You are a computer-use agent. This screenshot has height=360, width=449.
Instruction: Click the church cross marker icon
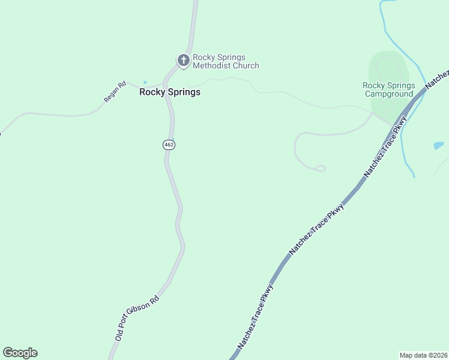pyautogui.click(x=183, y=60)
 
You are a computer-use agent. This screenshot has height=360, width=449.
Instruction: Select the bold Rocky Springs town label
pyautogui.click(x=170, y=92)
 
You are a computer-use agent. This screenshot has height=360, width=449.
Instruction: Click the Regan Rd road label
pyautogui.click(x=114, y=92)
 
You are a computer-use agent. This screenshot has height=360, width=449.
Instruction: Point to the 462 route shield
pyautogui.click(x=169, y=145)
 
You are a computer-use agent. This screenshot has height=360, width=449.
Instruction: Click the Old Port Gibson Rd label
pyautogui.click(x=137, y=319)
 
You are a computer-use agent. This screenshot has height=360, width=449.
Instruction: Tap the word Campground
pyautogui.click(x=388, y=94)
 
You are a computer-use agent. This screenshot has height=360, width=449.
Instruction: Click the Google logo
pyautogui.click(x=20, y=353)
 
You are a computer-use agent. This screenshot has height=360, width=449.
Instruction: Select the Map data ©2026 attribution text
pyautogui.click(x=423, y=355)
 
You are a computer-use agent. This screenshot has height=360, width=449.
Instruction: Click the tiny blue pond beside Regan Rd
pyautogui.click(x=145, y=83)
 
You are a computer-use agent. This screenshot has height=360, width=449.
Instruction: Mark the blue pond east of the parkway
pyautogui.click(x=438, y=146)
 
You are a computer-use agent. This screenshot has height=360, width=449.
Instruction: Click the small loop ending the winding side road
pyautogui.click(x=320, y=169)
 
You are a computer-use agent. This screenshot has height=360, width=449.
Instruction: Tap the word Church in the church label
pyautogui.click(x=246, y=65)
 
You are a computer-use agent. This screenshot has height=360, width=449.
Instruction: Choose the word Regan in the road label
pyautogui.click(x=112, y=94)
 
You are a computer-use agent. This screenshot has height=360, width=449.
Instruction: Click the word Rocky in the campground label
pyautogui.click(x=373, y=86)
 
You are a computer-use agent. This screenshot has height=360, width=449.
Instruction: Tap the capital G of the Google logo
pyautogui.click(x=8, y=353)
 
